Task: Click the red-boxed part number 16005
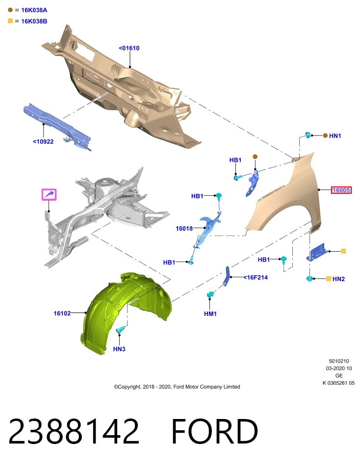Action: pyautogui.click(x=341, y=190)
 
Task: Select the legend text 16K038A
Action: pyautogui.click(x=34, y=10)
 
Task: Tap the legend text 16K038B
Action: pyautogui.click(x=34, y=21)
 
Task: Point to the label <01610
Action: pyautogui.click(x=129, y=48)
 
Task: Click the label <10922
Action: pyautogui.click(x=43, y=141)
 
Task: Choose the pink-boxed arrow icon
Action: pyautogui.click(x=49, y=195)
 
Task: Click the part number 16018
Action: pyautogui.click(x=184, y=228)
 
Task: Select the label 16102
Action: pyautogui.click(x=62, y=314)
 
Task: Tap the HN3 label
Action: pyautogui.click(x=119, y=349)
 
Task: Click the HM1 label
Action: pyautogui.click(x=210, y=314)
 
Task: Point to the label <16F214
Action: pyautogui.click(x=256, y=277)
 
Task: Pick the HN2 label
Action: pyautogui.click(x=339, y=279)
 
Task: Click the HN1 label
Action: pyautogui.click(x=335, y=136)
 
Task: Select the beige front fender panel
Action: pyautogui.click(x=285, y=195)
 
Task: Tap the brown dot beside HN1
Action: pyautogui.click(x=325, y=136)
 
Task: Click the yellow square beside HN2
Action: pyautogui.click(x=329, y=279)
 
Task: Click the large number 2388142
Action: pyautogui.click(x=74, y=431)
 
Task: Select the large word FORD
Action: pyautogui.click(x=214, y=431)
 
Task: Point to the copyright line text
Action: pyautogui.click(x=177, y=387)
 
